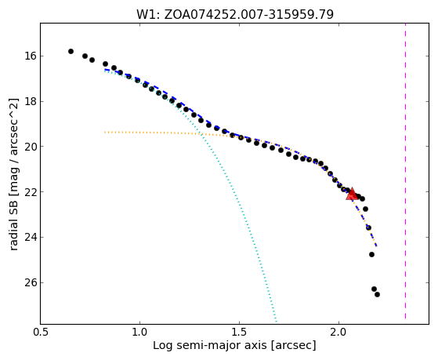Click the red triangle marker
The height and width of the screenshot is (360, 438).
click(x=352, y=194)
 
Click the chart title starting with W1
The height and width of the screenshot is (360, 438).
click(x=235, y=14)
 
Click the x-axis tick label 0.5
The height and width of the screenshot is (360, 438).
click(x=40, y=332)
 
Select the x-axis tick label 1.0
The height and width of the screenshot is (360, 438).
click(x=139, y=332)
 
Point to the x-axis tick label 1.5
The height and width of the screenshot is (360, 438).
click(x=240, y=332)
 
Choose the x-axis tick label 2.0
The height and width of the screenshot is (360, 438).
click(x=338, y=332)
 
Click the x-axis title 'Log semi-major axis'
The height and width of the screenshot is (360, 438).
click(x=210, y=346)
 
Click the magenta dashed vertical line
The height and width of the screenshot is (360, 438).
click(x=405, y=171)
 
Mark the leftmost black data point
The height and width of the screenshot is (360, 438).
click(x=71, y=51)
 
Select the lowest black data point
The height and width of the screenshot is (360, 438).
click(x=377, y=294)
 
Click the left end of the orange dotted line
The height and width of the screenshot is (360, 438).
click(x=105, y=132)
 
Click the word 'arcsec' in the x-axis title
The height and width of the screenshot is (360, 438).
click(x=292, y=346)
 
